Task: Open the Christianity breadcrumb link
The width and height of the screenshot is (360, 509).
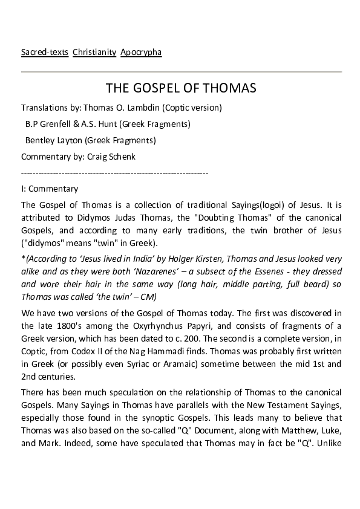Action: click(x=94, y=53)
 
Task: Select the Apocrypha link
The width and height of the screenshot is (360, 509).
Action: click(x=141, y=53)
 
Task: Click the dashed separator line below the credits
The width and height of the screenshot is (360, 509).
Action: click(x=115, y=173)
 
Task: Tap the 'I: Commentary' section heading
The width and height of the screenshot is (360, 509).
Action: click(x=50, y=189)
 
